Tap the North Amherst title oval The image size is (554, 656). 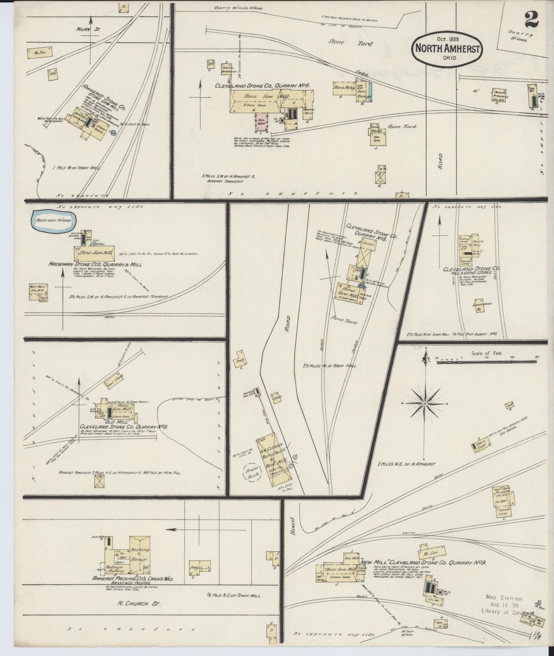pos(447,49)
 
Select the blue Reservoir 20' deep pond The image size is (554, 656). pos(53,221)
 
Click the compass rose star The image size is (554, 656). pos(426,404)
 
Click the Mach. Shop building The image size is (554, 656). pos(480,446)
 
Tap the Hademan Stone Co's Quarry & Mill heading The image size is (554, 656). pos(95,264)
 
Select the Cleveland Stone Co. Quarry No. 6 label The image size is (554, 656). pos(262,86)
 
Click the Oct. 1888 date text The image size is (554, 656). pos(447,39)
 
